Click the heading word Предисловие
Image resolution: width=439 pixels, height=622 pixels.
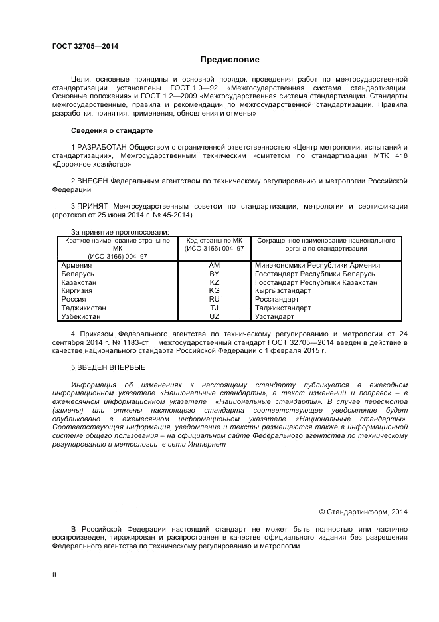[x=230, y=59]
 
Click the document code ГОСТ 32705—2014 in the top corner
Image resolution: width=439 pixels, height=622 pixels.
[x=80, y=46]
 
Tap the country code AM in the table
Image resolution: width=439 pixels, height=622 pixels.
[x=214, y=265]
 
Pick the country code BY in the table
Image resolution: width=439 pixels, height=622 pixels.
[x=214, y=274]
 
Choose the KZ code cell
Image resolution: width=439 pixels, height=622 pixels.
[x=214, y=282]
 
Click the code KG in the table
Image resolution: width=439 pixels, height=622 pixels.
[x=214, y=290]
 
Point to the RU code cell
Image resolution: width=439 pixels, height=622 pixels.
[x=214, y=299]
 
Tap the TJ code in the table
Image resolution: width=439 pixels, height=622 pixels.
[x=214, y=308]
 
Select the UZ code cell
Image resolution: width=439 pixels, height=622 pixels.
[x=214, y=316]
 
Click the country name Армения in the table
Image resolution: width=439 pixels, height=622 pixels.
[x=76, y=265]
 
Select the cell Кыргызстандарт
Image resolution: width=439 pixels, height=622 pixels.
[x=283, y=290]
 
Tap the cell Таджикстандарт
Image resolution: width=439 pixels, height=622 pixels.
[x=283, y=308]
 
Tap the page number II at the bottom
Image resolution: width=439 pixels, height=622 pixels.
[x=54, y=575]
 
